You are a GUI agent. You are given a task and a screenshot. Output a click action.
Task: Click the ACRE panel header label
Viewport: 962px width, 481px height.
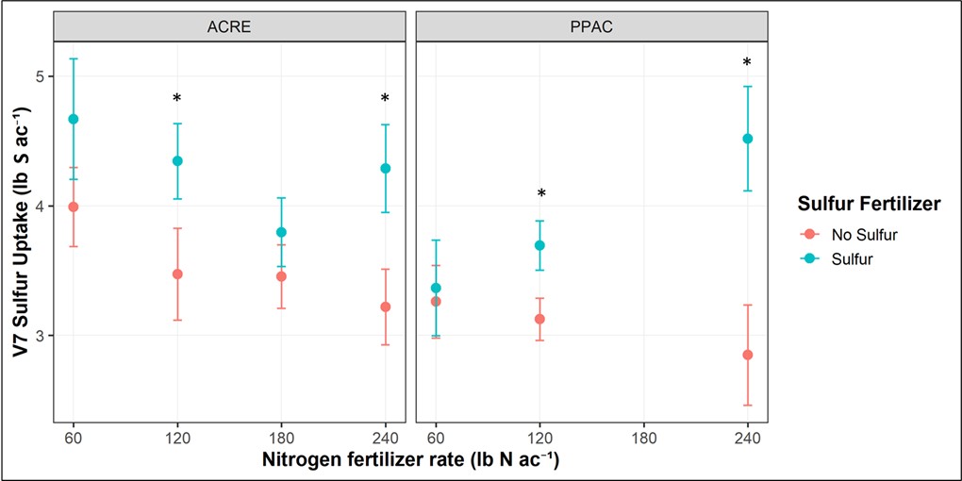(229, 27)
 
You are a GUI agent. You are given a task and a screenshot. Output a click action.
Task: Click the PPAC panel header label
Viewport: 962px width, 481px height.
(592, 27)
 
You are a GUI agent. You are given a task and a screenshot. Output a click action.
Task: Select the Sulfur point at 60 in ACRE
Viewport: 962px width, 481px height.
(73, 119)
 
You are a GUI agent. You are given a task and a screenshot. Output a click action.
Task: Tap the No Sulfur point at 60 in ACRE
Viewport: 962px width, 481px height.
(73, 207)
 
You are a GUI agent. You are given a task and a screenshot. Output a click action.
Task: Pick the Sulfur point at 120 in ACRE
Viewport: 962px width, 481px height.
(177, 161)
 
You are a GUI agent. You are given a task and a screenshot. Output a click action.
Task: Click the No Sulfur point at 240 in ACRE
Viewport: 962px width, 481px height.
(385, 307)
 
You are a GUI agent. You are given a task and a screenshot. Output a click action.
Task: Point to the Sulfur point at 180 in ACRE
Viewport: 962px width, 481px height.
(281, 232)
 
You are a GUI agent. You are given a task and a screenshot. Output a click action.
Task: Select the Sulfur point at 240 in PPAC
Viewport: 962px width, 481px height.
(748, 139)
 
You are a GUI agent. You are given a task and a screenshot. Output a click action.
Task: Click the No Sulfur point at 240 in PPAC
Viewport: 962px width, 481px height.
(748, 355)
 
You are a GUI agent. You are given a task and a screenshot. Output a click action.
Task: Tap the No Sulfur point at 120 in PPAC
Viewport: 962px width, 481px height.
(539, 319)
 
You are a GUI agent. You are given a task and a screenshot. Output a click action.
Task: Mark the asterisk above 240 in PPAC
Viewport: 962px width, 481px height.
(747, 64)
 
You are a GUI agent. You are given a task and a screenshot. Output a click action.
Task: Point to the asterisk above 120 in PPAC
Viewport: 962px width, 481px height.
(540, 195)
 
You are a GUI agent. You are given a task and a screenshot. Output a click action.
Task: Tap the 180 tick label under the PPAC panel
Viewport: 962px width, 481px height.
(643, 439)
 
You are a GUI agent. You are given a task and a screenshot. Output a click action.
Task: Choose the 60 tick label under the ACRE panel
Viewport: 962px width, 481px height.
(73, 439)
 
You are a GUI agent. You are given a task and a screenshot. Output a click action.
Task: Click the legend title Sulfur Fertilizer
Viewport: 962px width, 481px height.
(865, 204)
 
